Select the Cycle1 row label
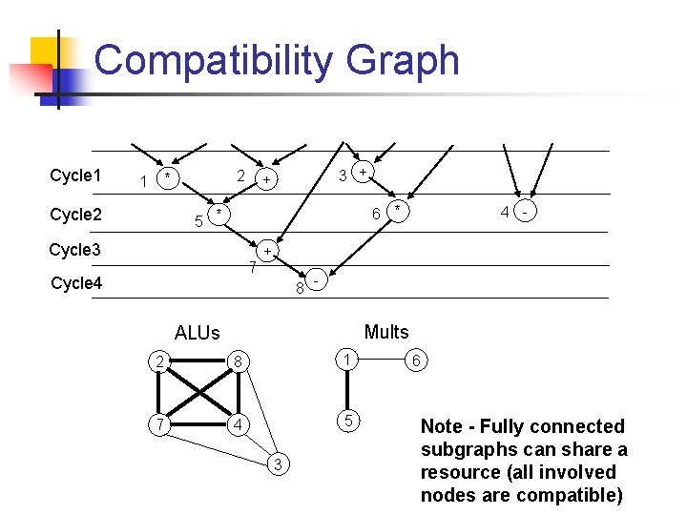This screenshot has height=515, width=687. click(x=75, y=175)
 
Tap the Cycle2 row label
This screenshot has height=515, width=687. click(x=75, y=215)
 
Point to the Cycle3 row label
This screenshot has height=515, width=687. click(x=75, y=250)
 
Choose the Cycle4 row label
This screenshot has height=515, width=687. click(x=75, y=283)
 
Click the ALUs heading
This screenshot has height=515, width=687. click(x=197, y=333)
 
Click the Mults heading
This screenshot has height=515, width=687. click(x=386, y=332)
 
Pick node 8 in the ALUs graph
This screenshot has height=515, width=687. click(x=240, y=360)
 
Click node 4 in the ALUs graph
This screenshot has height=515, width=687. click(x=240, y=422)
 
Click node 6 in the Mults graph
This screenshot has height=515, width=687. click(x=415, y=360)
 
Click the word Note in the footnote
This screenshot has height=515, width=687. click(x=443, y=426)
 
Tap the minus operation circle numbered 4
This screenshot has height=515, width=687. click(x=525, y=212)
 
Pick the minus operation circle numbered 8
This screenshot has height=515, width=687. click(x=315, y=282)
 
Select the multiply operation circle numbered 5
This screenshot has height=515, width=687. click(x=219, y=212)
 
